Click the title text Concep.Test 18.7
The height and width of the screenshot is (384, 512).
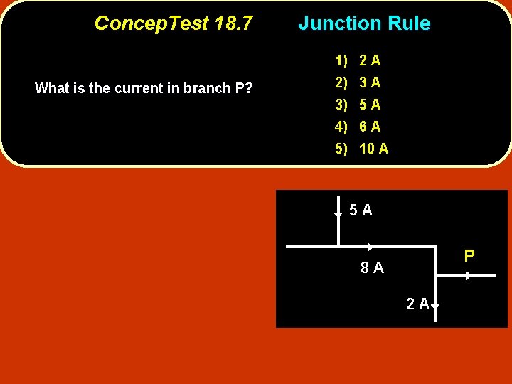coord(173,23)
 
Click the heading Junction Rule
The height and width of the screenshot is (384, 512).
coord(364,23)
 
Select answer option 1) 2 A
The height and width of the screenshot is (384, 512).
coord(359,60)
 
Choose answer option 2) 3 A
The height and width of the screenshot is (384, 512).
coord(359,82)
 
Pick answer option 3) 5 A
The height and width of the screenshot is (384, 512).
coord(359,105)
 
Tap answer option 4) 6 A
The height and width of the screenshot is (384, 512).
coord(359,127)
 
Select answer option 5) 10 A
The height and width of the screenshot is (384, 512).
coord(363,149)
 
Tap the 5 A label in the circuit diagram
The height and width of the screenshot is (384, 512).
coord(361,210)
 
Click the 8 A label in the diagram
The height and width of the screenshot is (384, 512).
coord(371,268)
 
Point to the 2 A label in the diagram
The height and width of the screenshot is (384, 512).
coord(417,304)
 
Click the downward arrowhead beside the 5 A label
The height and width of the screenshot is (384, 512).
coord(338,213)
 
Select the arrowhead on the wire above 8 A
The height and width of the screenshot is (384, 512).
coord(370,247)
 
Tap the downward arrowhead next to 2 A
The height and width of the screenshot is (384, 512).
coord(434,306)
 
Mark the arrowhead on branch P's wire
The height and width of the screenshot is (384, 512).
coord(468,275)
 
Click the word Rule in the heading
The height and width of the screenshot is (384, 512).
coord(410,23)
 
